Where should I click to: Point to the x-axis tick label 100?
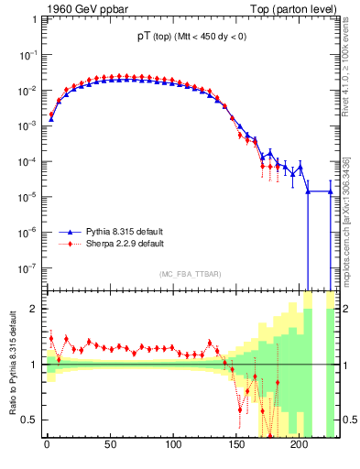[x=173, y=446]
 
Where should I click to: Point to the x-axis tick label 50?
[x=110, y=446]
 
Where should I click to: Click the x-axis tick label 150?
[x=236, y=446]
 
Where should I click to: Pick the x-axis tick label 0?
[x=47, y=446]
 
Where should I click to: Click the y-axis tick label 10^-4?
[x=27, y=161]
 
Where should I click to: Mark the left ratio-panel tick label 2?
[x=32, y=309]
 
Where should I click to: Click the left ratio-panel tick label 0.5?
[x=27, y=420]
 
